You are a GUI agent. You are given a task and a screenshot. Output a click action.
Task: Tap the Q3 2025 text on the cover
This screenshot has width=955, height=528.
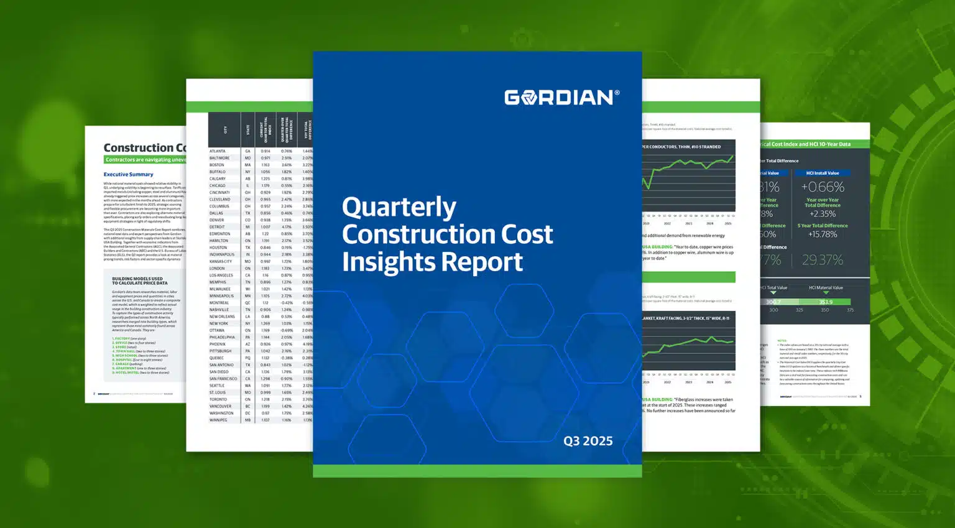click(588, 441)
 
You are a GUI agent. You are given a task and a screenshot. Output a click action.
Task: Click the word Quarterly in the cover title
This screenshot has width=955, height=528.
click(399, 207)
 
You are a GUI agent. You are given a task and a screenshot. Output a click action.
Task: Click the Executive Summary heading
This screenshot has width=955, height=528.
click(128, 175)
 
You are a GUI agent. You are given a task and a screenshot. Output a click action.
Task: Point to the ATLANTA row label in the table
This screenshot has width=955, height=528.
click(218, 151)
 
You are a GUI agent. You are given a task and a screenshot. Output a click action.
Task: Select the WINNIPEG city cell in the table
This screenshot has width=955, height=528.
click(218, 420)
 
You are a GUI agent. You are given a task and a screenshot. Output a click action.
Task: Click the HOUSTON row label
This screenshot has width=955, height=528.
click(218, 248)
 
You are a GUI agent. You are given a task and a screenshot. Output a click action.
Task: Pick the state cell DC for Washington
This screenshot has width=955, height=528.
click(247, 413)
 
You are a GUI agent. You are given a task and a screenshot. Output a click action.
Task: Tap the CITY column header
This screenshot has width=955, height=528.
click(225, 130)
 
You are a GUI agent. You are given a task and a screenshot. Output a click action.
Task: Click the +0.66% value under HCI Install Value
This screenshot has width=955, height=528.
click(822, 187)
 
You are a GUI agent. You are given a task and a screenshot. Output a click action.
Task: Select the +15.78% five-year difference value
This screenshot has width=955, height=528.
click(822, 234)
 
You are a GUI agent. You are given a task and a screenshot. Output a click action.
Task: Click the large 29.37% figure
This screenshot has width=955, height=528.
click(822, 260)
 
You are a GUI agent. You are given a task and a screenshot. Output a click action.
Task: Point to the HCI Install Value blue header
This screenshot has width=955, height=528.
click(822, 174)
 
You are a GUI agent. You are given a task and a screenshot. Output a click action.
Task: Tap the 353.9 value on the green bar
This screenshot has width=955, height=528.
click(826, 302)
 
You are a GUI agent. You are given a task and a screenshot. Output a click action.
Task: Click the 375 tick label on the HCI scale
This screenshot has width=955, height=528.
click(850, 310)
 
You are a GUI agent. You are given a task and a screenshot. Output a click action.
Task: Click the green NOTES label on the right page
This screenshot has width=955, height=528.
click(782, 340)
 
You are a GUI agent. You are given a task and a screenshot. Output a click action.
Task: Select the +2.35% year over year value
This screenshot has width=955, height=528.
click(822, 214)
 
